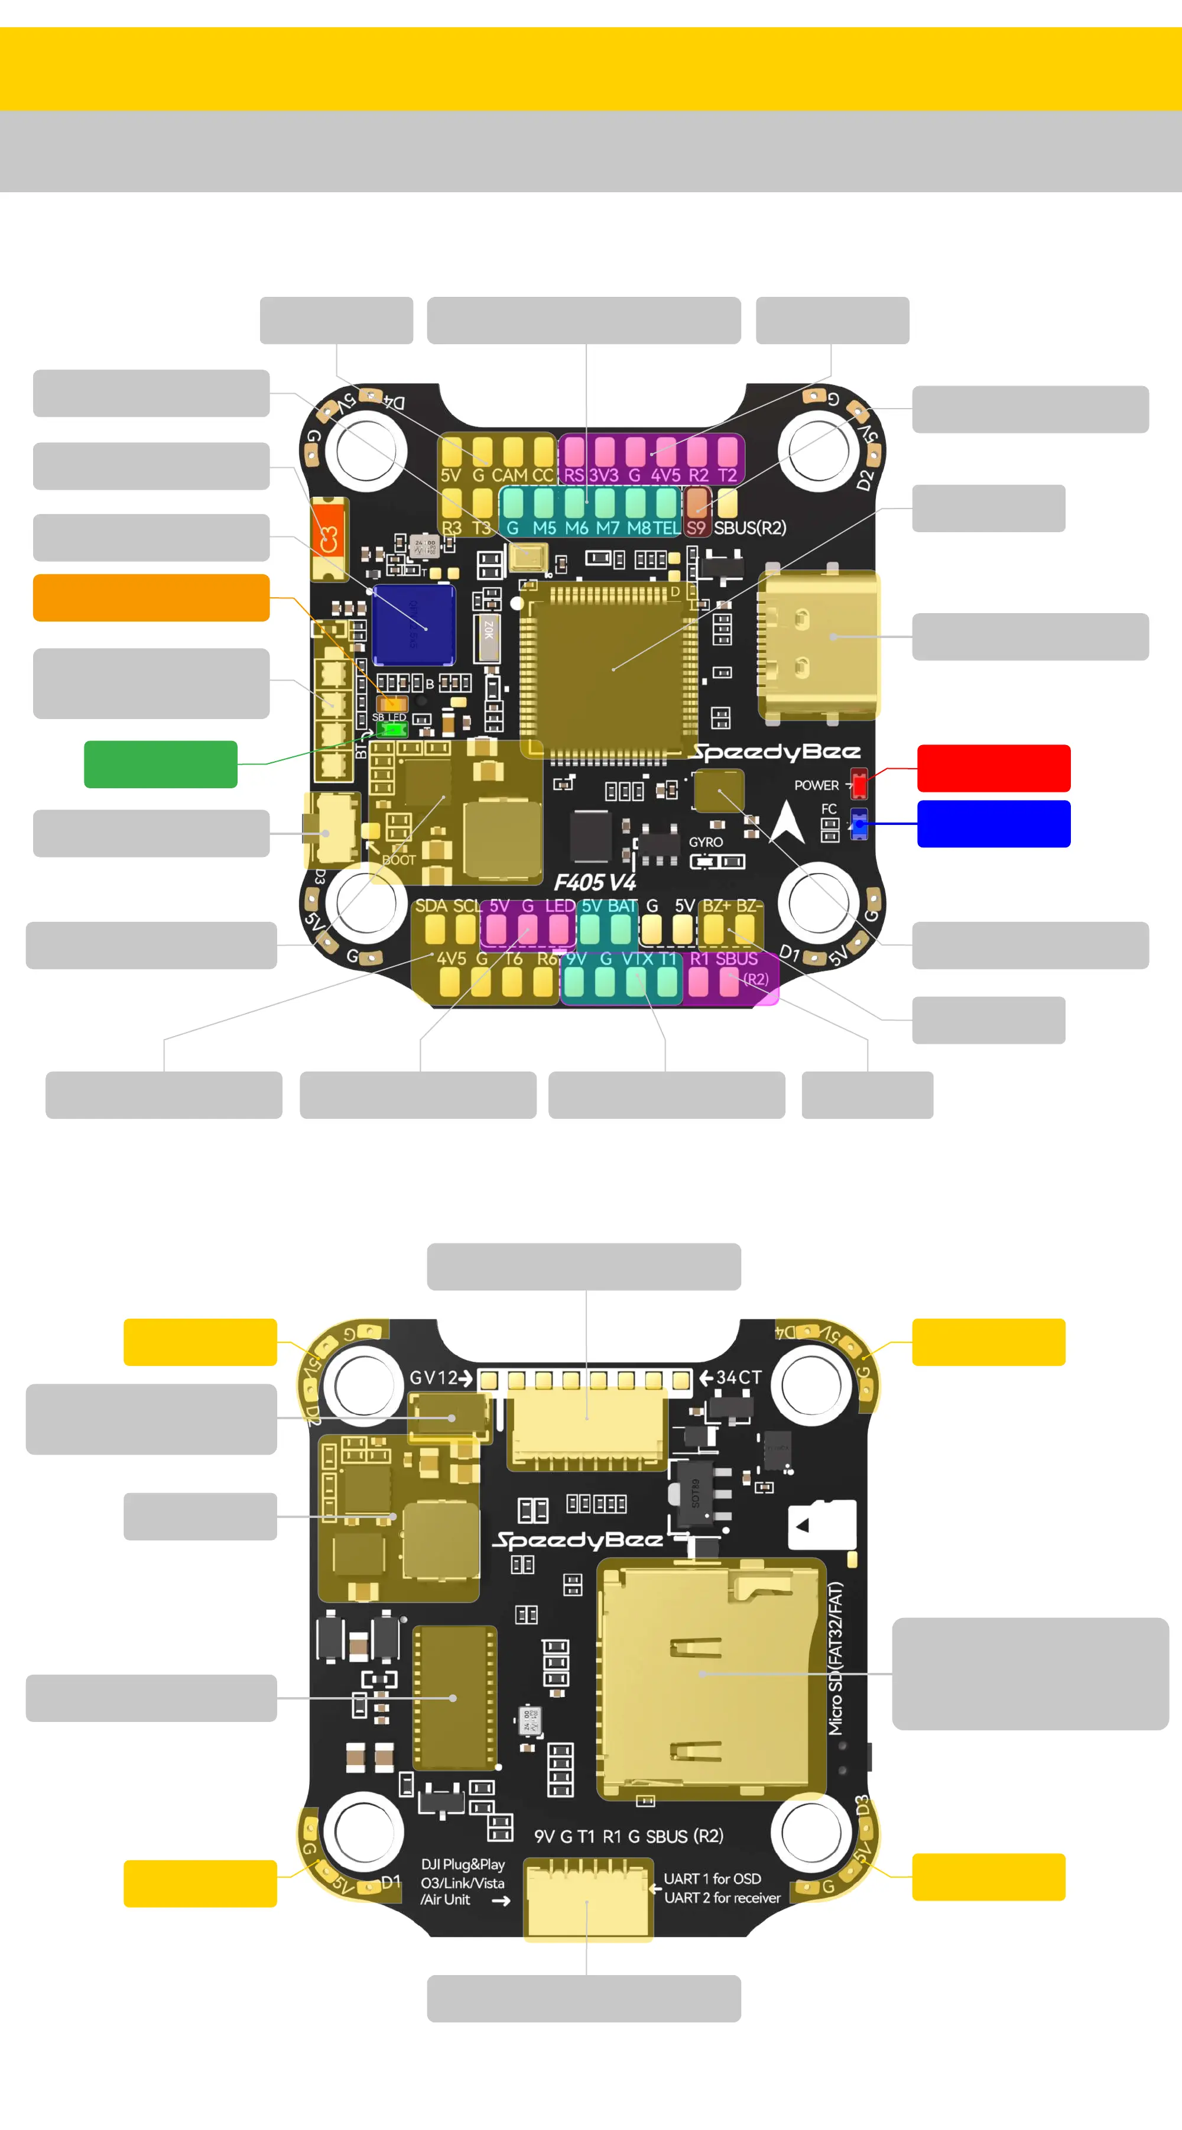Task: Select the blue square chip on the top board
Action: click(x=413, y=625)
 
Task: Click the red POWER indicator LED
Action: click(x=859, y=783)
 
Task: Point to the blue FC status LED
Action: click(x=859, y=824)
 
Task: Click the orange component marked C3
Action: click(x=329, y=538)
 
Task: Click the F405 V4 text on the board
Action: click(x=595, y=882)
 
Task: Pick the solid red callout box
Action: click(x=993, y=768)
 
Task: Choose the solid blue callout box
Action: click(x=993, y=824)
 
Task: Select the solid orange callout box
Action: click(x=151, y=597)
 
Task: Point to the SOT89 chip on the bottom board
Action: click(x=695, y=1495)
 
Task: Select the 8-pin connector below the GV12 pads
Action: click(x=587, y=1427)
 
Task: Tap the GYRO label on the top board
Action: click(x=706, y=841)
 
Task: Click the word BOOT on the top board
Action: click(x=398, y=860)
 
